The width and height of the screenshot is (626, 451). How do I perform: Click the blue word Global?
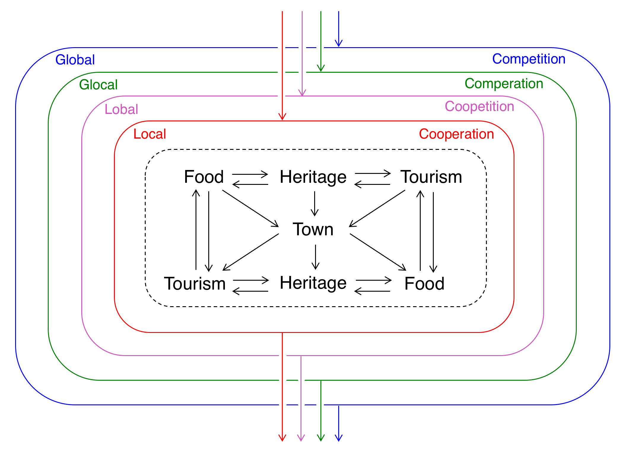[x=75, y=60]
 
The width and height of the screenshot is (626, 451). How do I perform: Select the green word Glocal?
[x=98, y=85]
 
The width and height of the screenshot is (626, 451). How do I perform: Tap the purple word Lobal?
[x=121, y=109]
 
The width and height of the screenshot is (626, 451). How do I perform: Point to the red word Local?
[x=150, y=134]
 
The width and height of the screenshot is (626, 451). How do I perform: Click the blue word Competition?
[x=529, y=59]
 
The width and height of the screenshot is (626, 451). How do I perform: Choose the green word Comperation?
[x=504, y=84]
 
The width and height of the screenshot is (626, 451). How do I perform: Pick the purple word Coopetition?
[x=479, y=106]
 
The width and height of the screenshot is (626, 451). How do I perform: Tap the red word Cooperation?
[x=456, y=134]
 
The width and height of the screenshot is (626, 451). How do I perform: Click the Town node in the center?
[x=313, y=229]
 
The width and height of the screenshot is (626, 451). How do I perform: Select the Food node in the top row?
[x=204, y=177]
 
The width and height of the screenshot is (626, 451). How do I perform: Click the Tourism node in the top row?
[x=431, y=177]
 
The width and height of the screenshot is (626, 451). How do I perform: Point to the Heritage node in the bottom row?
[x=313, y=283]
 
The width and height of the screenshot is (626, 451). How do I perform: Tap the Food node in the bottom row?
[x=424, y=283]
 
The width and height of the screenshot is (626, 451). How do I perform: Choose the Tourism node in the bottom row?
[x=195, y=283]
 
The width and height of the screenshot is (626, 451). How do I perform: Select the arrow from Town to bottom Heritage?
[x=315, y=257]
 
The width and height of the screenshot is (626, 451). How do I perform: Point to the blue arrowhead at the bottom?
[x=339, y=438]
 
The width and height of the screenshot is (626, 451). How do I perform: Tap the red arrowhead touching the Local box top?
[x=282, y=116]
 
